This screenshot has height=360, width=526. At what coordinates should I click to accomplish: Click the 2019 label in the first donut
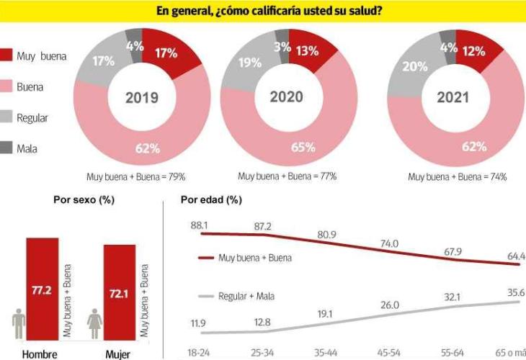(x=142, y=98)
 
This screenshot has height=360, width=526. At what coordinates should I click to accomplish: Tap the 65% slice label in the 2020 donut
(x=303, y=148)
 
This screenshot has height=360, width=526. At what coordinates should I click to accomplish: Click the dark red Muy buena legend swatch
(x=7, y=56)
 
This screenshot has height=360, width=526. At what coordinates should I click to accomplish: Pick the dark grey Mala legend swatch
(x=7, y=149)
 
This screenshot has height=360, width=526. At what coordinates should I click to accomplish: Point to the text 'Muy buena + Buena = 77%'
(x=287, y=176)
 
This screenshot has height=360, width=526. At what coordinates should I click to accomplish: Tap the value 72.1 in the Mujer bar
(x=119, y=293)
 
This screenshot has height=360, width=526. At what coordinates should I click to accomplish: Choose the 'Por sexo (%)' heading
(x=84, y=199)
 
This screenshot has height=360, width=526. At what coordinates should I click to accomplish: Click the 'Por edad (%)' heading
(x=211, y=199)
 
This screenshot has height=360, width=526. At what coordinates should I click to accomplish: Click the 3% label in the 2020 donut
(x=282, y=48)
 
